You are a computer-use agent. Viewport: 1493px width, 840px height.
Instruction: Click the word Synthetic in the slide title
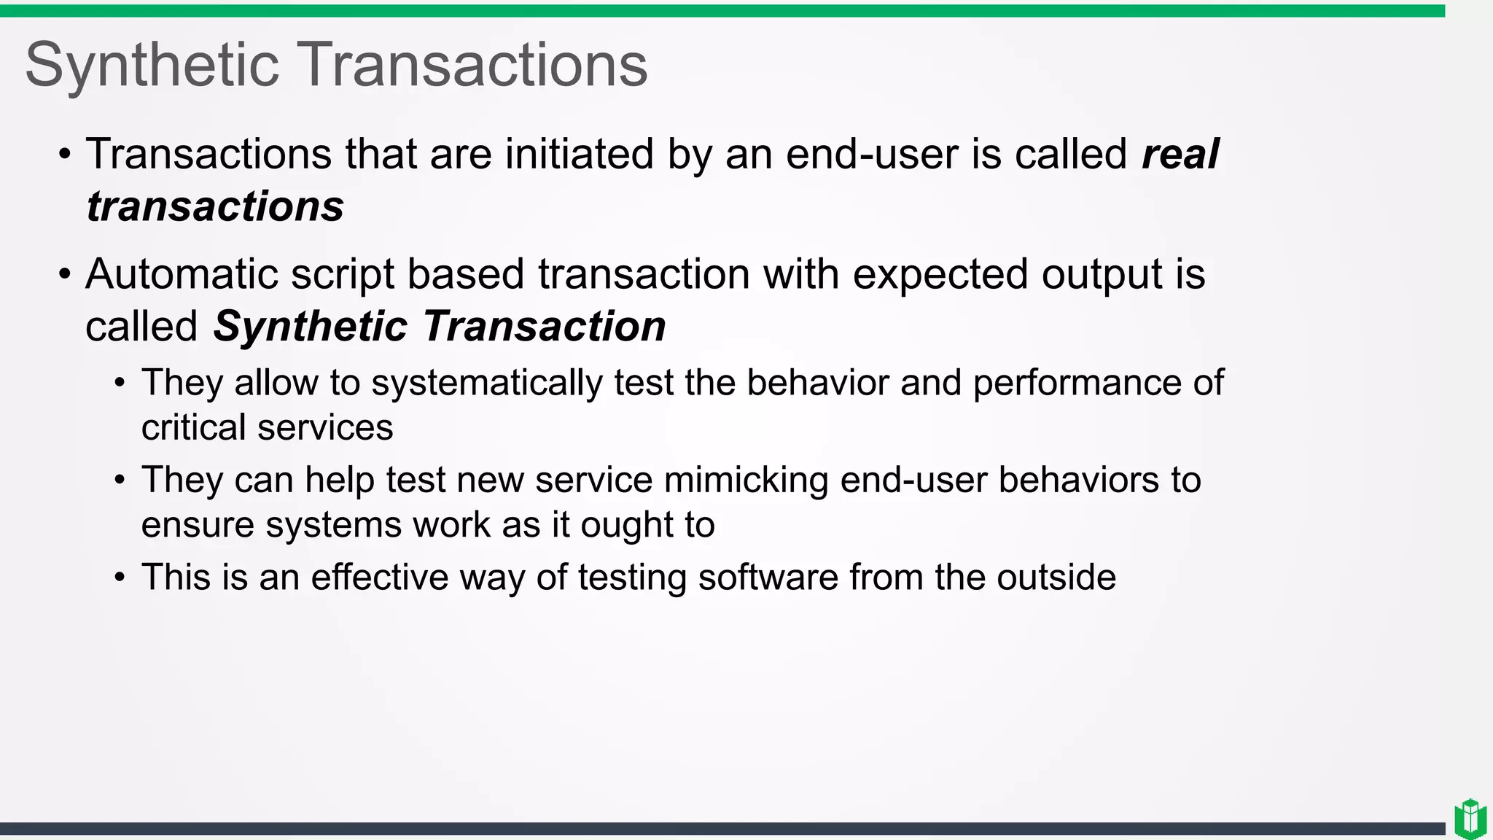[152, 66]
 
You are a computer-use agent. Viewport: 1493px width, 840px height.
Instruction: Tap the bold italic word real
[1180, 155]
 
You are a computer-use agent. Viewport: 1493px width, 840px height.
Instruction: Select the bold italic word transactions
[215, 206]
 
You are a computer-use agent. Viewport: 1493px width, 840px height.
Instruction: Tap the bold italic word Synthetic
[310, 326]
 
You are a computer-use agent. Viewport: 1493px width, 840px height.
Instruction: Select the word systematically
[487, 383]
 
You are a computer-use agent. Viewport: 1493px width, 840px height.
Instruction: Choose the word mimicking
[746, 481]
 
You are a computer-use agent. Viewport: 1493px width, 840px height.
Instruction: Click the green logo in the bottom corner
[1470, 818]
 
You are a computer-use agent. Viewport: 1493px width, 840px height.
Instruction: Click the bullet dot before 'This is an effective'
[120, 578]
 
